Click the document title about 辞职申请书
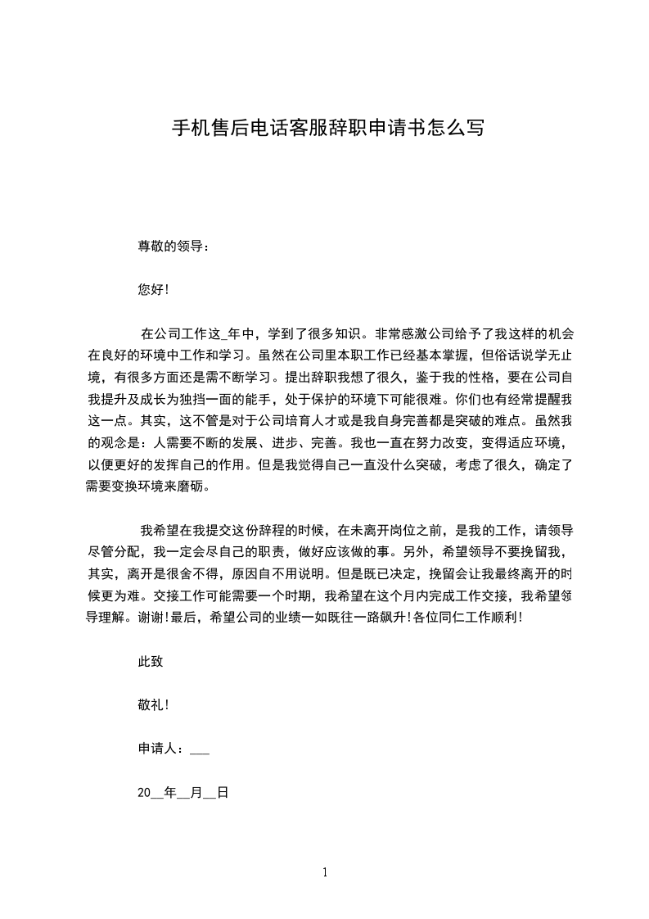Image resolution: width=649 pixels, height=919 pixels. point(327,128)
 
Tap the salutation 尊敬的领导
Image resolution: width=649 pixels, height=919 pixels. point(173,246)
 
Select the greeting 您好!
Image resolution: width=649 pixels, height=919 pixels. point(153,289)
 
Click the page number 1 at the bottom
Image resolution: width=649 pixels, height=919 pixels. point(325,872)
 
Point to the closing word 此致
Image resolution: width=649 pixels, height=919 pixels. point(151,661)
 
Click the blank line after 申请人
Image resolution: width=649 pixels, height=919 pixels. point(200,749)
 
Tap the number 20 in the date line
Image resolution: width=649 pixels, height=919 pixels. point(144,792)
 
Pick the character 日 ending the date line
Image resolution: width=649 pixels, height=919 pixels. point(221,792)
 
